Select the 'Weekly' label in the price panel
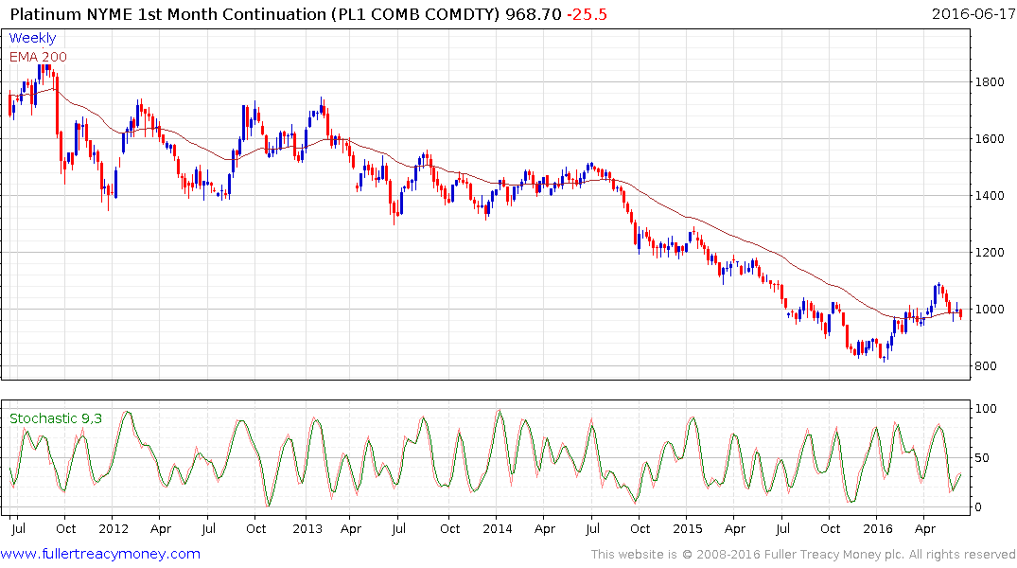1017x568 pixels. (33, 38)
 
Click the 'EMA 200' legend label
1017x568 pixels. (39, 56)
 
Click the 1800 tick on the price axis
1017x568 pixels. (991, 82)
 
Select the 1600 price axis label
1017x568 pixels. (991, 139)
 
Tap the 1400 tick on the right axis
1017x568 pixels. (991, 196)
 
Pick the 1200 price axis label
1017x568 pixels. (991, 253)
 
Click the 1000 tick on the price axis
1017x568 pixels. (991, 310)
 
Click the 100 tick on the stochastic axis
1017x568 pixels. (988, 409)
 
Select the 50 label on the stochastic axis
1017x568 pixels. (985, 458)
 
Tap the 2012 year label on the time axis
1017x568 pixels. (114, 528)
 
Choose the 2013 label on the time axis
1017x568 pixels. (307, 528)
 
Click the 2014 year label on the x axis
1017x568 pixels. (498, 528)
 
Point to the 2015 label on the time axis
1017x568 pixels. (688, 528)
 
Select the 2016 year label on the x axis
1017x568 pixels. (878, 528)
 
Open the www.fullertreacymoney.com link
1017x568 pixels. (101, 554)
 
